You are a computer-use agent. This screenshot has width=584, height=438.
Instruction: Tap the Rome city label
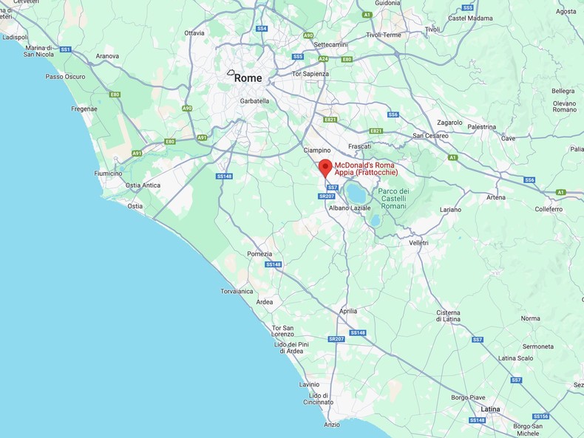pos(248,78)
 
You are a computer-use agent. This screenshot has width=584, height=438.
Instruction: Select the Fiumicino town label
pos(108,174)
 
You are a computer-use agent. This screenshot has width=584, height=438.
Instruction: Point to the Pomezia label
pos(259,254)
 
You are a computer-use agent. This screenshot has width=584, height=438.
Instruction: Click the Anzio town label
pos(332,425)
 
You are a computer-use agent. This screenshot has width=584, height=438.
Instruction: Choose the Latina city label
pos(490,409)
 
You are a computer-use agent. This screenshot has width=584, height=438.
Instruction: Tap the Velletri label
pos(418,242)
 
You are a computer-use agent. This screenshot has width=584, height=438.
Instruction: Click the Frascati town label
pos(359,146)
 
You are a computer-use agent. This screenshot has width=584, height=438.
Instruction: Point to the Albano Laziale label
pos(350,208)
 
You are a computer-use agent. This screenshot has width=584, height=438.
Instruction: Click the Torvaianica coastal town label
pos(237,291)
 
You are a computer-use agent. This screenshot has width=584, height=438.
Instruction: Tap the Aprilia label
pos(347,312)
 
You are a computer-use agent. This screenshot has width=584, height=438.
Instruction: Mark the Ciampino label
pos(317,151)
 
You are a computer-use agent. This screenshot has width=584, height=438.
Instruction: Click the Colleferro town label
pos(549,209)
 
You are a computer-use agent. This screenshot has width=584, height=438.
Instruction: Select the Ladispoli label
pos(15,37)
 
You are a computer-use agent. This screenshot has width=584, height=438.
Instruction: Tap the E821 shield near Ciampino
pos(330,120)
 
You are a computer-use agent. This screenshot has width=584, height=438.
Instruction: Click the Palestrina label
pos(482,127)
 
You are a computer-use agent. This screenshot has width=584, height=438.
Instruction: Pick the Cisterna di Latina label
pos(448,316)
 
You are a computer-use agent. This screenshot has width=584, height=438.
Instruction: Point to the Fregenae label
pos(84,109)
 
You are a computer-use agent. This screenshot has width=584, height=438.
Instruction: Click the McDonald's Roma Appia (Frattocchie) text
pos(366,169)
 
